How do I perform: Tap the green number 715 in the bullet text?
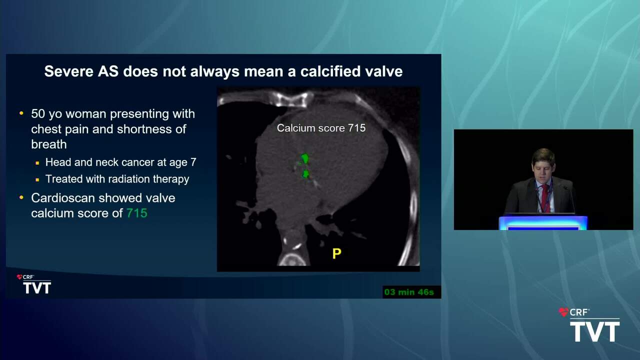click(x=137, y=213)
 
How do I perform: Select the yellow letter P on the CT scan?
click(x=337, y=253)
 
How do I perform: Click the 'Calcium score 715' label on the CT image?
click(x=321, y=128)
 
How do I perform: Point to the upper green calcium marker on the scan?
click(x=305, y=158)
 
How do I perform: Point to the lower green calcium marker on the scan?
click(x=305, y=173)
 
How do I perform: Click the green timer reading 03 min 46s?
click(x=409, y=292)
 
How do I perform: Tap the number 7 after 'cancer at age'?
click(x=193, y=162)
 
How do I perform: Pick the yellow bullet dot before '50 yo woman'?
click(x=21, y=113)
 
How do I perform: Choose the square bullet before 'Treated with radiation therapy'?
click(x=37, y=180)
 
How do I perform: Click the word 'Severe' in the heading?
click(x=69, y=71)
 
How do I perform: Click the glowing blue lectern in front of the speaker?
click(x=543, y=222)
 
